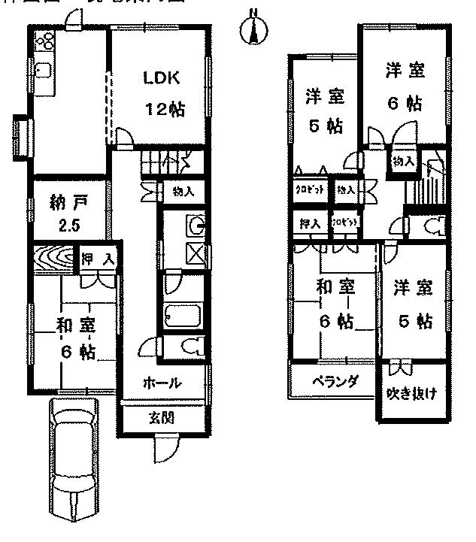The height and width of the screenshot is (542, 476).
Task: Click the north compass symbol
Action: coord(253,29)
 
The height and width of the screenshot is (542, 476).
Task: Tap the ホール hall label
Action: coord(162,383)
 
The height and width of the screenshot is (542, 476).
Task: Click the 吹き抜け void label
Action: coord(411,393)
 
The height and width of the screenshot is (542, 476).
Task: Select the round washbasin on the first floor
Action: coord(196,225)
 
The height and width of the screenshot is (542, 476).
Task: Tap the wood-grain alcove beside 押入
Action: coord(55,259)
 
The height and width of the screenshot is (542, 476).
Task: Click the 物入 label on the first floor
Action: coord(183,191)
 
